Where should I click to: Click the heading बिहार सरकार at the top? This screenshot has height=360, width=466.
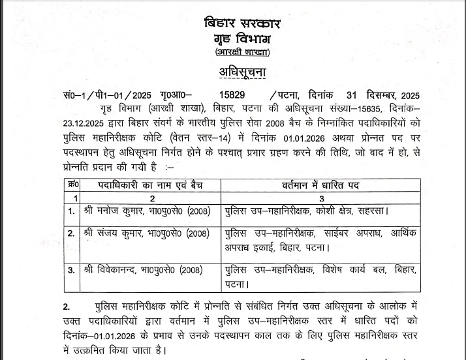241,24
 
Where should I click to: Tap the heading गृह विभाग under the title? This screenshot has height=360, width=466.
241,38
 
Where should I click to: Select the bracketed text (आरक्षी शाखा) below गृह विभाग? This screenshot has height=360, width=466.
241,52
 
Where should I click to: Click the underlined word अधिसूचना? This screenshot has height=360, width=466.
242,71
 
